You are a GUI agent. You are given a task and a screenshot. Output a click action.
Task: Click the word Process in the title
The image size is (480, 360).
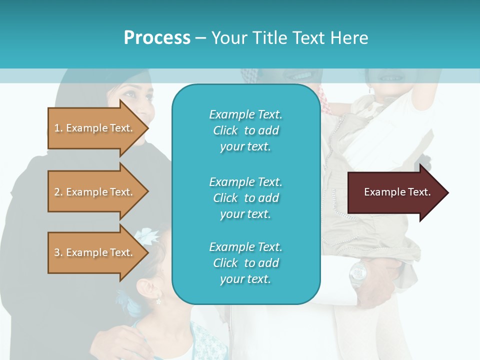coord(157,38)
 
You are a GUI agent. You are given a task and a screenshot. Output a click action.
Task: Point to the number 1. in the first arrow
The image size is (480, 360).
coord(58,128)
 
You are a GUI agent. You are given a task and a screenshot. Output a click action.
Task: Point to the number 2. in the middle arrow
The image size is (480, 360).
coord(58,192)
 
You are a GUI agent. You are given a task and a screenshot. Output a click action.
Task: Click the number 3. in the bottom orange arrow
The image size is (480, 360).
coord(58,252)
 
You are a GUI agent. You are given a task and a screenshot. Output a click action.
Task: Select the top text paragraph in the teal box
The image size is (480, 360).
coord(245,130)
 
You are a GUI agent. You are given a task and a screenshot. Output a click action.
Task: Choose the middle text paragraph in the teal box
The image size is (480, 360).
coord(245,198)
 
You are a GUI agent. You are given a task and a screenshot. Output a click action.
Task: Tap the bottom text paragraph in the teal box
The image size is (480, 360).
coord(245,263)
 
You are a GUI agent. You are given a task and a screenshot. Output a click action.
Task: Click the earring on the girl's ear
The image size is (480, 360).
coord(158,301)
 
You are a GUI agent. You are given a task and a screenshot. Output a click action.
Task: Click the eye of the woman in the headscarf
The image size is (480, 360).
coord(128,93)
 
